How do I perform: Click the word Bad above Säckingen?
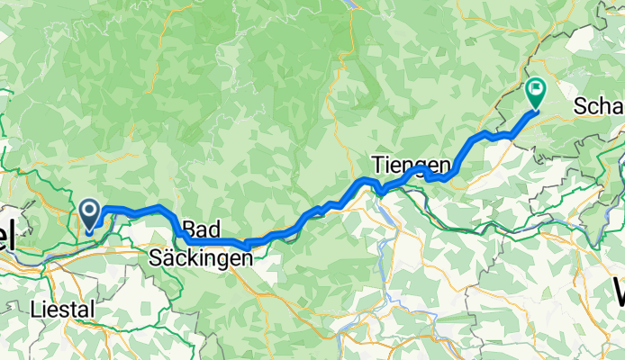click(x=200, y=228)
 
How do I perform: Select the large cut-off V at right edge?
click(x=620, y=292)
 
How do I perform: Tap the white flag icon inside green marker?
click(x=536, y=88)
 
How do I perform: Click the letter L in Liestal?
click(x=36, y=309)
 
